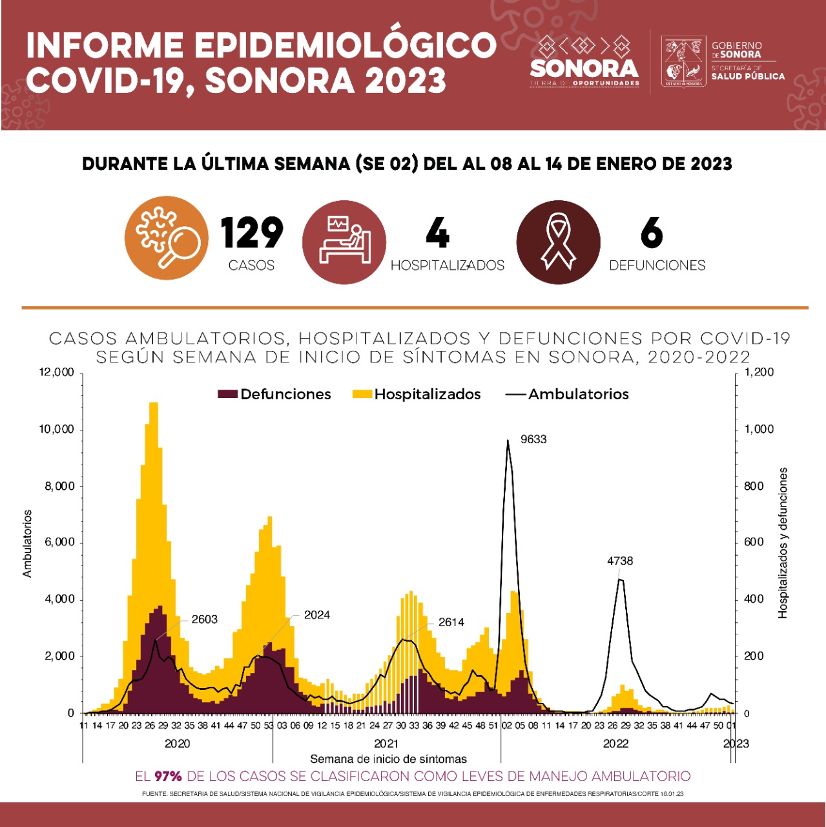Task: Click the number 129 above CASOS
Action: point(252,233)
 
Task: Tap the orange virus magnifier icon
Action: point(167,238)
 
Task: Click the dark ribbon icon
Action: point(558,242)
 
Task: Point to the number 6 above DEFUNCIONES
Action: point(652,233)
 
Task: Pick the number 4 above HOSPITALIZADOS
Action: point(437,233)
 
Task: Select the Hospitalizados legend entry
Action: point(417,394)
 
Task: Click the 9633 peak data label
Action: point(533,439)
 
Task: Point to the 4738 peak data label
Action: point(620,561)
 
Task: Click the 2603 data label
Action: point(204,619)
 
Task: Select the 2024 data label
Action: point(317,615)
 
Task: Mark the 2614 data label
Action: point(451,622)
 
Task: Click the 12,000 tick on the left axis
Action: point(57,372)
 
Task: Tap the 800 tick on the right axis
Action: point(754,486)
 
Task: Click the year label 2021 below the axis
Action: point(386,744)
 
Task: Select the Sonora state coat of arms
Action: point(684,61)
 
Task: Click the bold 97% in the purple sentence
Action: point(168,776)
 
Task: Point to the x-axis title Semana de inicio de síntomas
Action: point(388,759)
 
